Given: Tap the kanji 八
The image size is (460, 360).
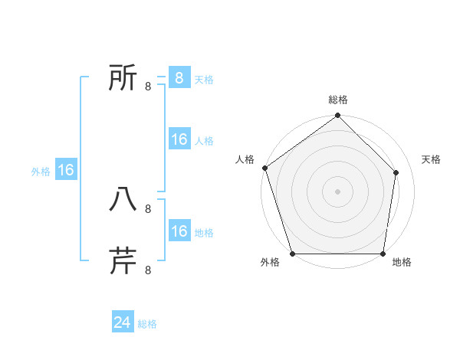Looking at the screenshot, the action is click(123, 199).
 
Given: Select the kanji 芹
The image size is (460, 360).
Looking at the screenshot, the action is click(123, 260).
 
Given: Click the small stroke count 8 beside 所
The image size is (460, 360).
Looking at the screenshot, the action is click(147, 86).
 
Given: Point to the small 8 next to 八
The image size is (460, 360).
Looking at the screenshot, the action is click(147, 208).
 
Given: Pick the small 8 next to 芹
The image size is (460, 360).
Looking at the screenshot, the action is click(147, 270).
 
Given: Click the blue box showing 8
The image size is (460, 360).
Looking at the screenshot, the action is click(179, 78).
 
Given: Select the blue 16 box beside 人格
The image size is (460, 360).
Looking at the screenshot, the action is click(179, 139).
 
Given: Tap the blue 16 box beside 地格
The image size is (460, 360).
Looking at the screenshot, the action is click(179, 231).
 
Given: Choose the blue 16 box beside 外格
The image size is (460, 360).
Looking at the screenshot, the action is click(66, 170).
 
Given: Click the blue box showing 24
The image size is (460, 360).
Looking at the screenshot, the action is click(123, 322).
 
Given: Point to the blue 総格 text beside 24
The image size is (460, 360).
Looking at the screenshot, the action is click(147, 324).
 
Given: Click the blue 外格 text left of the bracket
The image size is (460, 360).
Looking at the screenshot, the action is click(41, 172).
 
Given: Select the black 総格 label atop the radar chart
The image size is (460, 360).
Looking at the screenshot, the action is click(338, 100).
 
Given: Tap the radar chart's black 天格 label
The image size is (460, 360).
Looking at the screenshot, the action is click(432, 159).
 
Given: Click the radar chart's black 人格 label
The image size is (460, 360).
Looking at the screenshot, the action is click(245, 159).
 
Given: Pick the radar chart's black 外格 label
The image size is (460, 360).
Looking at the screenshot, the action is click(269, 263).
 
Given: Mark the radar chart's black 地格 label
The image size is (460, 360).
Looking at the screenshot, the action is click(402, 263).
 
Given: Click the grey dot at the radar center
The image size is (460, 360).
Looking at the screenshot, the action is click(337, 191).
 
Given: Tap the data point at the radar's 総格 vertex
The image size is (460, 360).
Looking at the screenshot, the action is click(337, 116).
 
